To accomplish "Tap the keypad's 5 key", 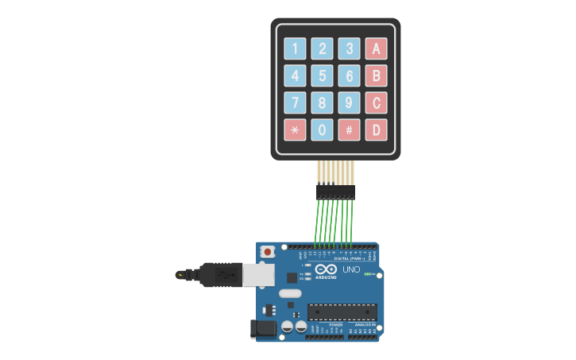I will (x=322, y=75).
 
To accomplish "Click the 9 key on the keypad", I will (x=349, y=103).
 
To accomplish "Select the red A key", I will (x=376, y=48).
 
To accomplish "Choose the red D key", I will (x=376, y=130).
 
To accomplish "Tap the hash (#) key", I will (x=349, y=130).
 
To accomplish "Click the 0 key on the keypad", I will (x=322, y=130).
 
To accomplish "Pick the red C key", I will (x=376, y=103).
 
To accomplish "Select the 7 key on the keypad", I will (x=295, y=103).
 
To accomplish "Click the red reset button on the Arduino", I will (x=268, y=252).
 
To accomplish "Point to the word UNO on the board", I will (x=351, y=270).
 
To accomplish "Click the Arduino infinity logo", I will (x=326, y=269).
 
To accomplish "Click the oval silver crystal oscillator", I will (x=291, y=293).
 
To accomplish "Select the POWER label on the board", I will (x=335, y=325).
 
